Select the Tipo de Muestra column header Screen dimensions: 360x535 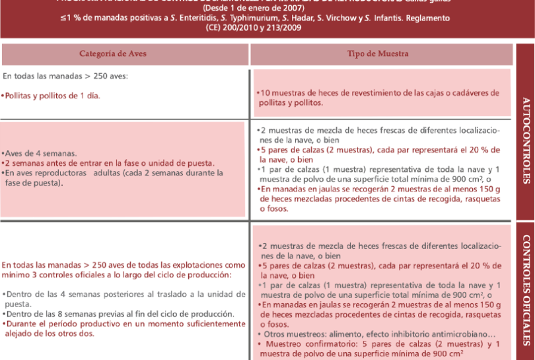click(381, 53)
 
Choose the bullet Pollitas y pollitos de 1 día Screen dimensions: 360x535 click(51, 96)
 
